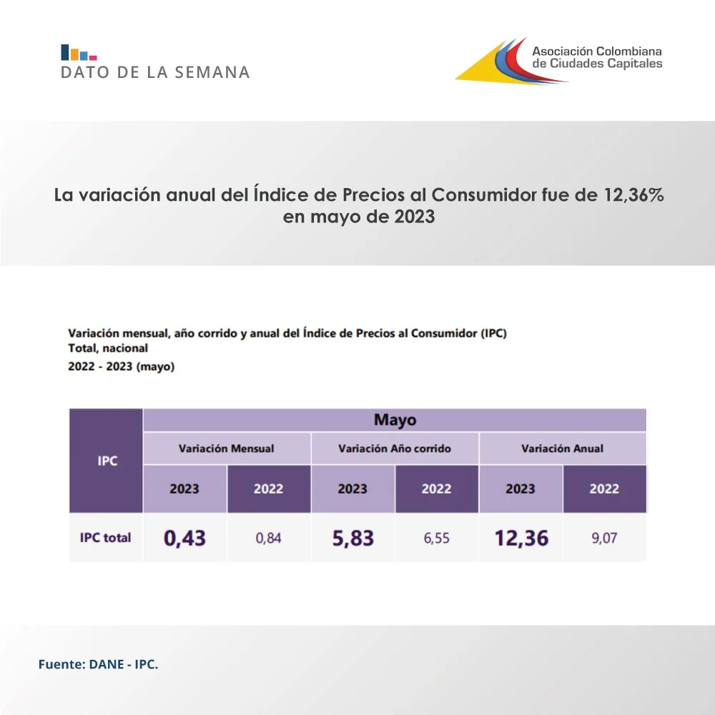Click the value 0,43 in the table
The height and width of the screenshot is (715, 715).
coord(184,538)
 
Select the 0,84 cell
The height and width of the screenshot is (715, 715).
coord(268,538)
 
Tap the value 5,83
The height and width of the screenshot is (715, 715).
coord(352,538)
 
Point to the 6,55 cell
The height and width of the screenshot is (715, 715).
coord(436,538)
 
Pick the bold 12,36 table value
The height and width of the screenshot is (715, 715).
coord(521,538)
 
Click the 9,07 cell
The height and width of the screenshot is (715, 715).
coord(604,538)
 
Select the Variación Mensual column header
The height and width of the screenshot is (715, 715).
coord(226,449)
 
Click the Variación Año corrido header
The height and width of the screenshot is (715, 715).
coord(395,449)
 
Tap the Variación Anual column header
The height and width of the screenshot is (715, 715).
coord(562,449)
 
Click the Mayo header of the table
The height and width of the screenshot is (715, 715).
coord(395,420)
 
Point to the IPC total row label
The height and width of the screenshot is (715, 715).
coord(106,538)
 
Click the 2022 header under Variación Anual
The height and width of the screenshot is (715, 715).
coord(604,489)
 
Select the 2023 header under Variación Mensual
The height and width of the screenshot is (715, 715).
coord(184,489)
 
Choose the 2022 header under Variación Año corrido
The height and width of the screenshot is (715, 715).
coord(436,489)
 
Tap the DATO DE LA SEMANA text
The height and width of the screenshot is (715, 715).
coord(155,72)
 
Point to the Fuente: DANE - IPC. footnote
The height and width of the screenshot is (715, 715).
coord(98,664)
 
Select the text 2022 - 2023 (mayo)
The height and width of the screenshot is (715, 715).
coord(121,367)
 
